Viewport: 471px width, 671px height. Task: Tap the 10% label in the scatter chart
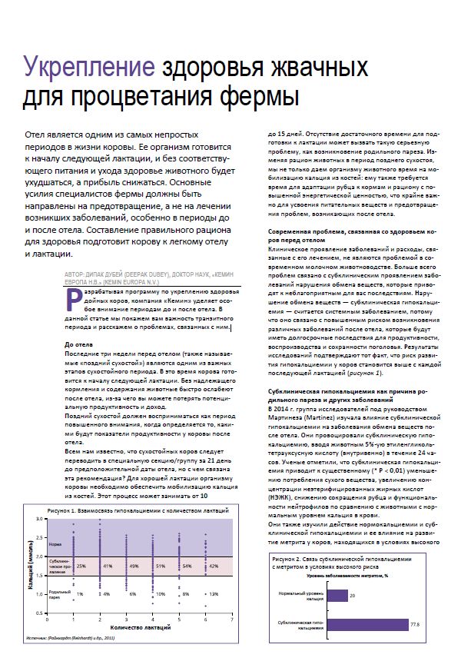pyautogui.click(x=161, y=593)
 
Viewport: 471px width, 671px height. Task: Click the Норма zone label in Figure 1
pyautogui.click(x=53, y=541)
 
